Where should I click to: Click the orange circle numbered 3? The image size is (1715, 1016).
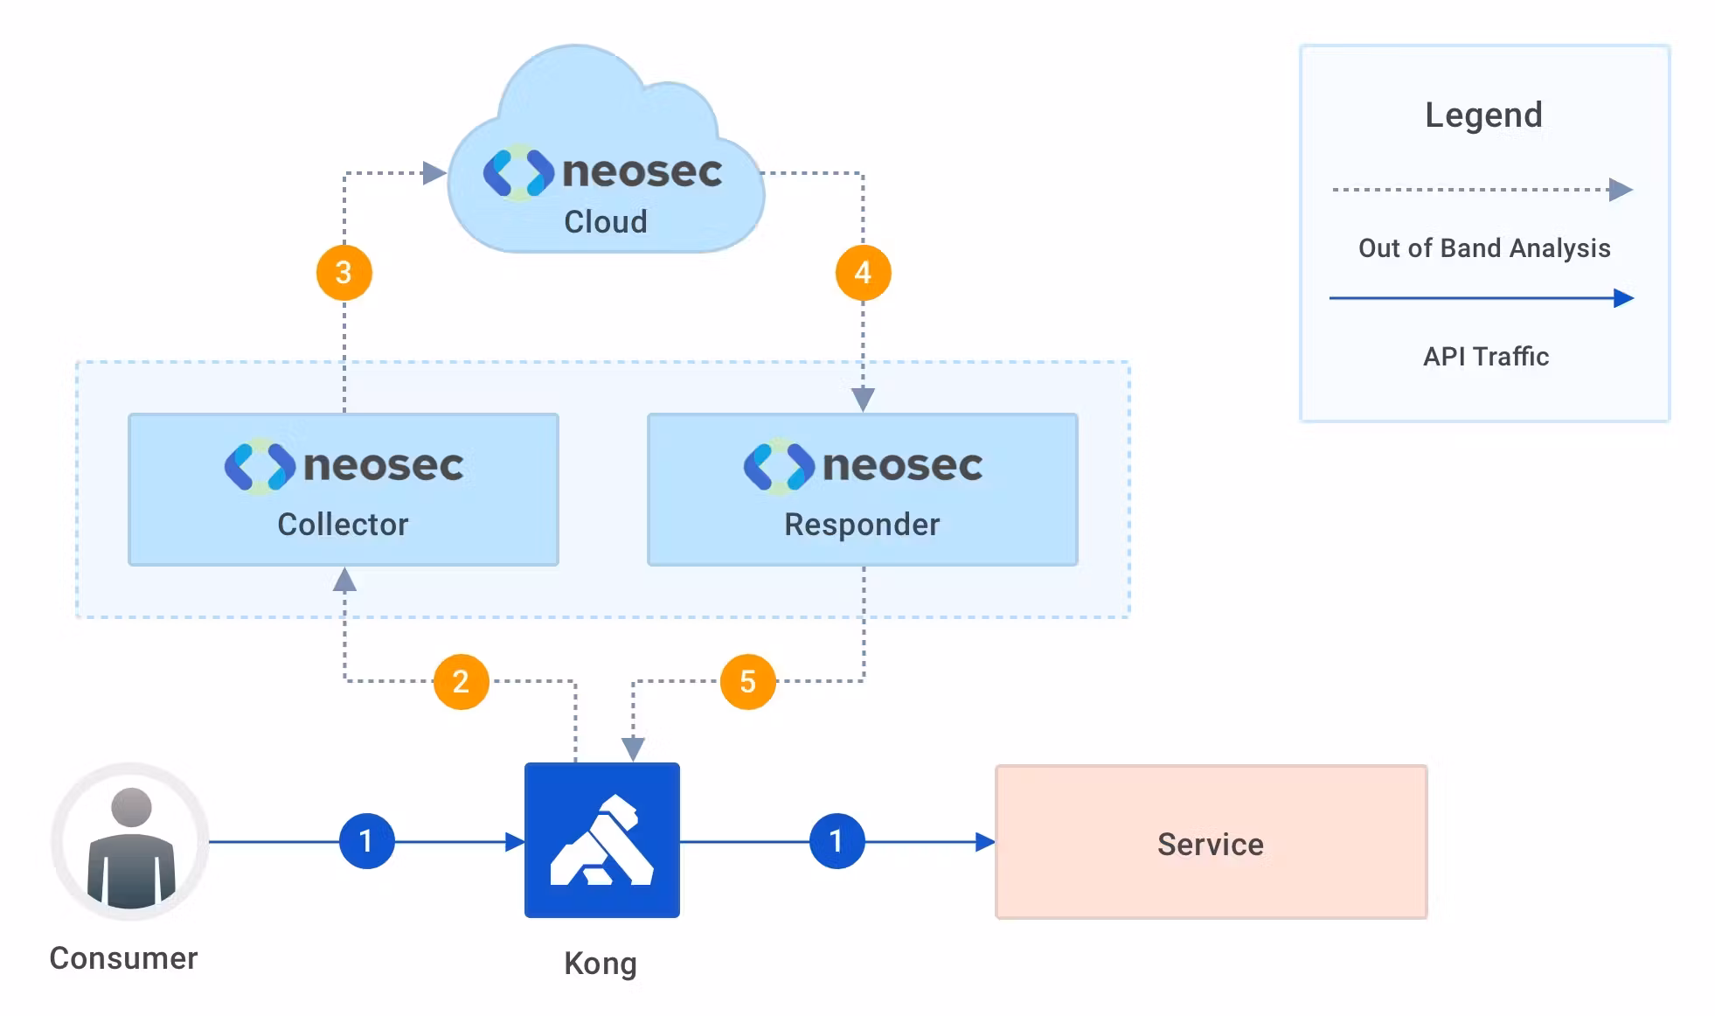(x=344, y=273)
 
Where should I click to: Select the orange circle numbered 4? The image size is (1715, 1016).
(x=863, y=273)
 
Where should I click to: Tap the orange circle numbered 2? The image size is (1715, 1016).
(x=461, y=681)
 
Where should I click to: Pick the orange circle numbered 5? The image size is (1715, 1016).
(x=747, y=681)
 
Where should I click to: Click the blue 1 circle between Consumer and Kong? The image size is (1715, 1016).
(x=366, y=841)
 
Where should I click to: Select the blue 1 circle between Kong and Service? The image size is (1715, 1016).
(x=837, y=841)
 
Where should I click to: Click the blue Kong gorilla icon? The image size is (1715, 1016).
(x=601, y=840)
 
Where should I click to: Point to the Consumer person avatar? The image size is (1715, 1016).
(x=130, y=841)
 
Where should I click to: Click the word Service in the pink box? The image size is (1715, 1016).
(x=1211, y=845)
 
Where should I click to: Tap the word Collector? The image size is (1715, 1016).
(x=343, y=525)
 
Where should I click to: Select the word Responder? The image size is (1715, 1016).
(x=862, y=525)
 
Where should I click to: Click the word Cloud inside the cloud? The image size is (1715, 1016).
(x=606, y=222)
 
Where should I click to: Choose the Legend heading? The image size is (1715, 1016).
(x=1483, y=115)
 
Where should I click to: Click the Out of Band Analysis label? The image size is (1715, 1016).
(x=1484, y=248)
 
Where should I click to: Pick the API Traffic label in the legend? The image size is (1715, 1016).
(x=1486, y=357)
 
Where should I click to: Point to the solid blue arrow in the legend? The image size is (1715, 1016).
(x=1481, y=298)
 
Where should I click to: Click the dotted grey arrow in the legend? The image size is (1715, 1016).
(x=1481, y=190)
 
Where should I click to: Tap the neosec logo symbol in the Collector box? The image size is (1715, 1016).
(x=259, y=467)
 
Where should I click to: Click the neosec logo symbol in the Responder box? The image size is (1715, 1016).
(x=778, y=467)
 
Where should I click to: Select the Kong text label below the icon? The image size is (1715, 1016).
(x=601, y=964)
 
